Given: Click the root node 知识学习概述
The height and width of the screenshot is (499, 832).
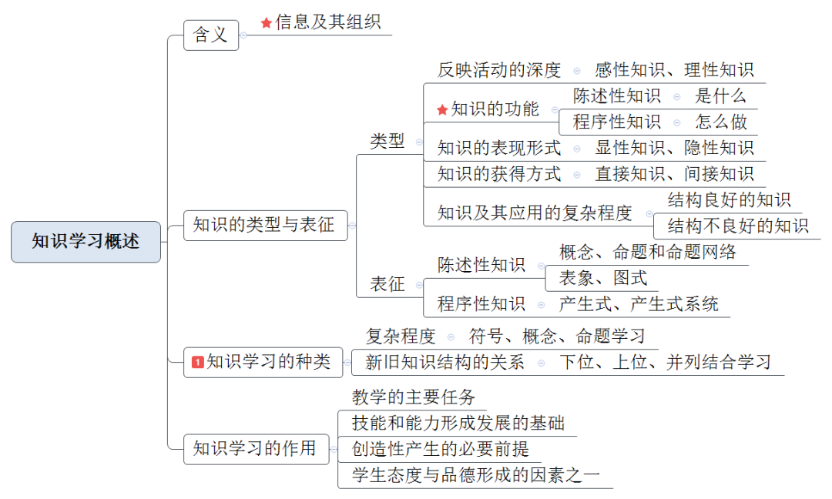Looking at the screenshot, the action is pyautogui.click(x=86, y=242).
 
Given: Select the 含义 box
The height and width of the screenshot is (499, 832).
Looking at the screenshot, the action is pyautogui.click(x=210, y=35).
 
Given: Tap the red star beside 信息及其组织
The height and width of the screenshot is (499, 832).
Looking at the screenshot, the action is pyautogui.click(x=267, y=23).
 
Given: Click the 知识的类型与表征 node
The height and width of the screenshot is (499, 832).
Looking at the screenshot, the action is pyautogui.click(x=264, y=226).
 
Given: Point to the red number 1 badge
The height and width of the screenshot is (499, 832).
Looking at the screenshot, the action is pyautogui.click(x=198, y=361).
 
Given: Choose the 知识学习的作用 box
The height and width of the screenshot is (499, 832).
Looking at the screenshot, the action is pyautogui.click(x=254, y=448).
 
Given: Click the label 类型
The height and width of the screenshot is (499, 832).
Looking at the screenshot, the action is pyautogui.click(x=387, y=142).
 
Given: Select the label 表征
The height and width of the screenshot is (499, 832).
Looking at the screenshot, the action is pyautogui.click(x=387, y=284).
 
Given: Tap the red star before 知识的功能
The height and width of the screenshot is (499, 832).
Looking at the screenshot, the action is pyautogui.click(x=442, y=110).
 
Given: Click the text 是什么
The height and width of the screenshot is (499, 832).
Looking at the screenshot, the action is pyautogui.click(x=720, y=96).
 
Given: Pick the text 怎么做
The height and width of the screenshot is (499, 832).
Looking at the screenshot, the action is pyautogui.click(x=721, y=122).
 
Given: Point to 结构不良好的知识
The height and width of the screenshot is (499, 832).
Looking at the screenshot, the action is pyautogui.click(x=737, y=226).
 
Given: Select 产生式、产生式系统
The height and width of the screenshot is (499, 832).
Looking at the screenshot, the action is pyautogui.click(x=639, y=304).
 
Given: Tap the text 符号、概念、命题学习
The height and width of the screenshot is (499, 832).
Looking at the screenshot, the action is pyautogui.click(x=557, y=337).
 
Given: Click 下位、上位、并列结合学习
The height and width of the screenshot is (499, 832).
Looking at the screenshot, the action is pyautogui.click(x=665, y=362).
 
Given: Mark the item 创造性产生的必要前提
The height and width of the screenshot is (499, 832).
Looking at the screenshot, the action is pyautogui.click(x=441, y=448).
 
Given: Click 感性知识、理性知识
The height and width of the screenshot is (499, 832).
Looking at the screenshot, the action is pyautogui.click(x=674, y=71).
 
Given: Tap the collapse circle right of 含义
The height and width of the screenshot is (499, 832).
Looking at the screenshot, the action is pyautogui.click(x=243, y=35).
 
